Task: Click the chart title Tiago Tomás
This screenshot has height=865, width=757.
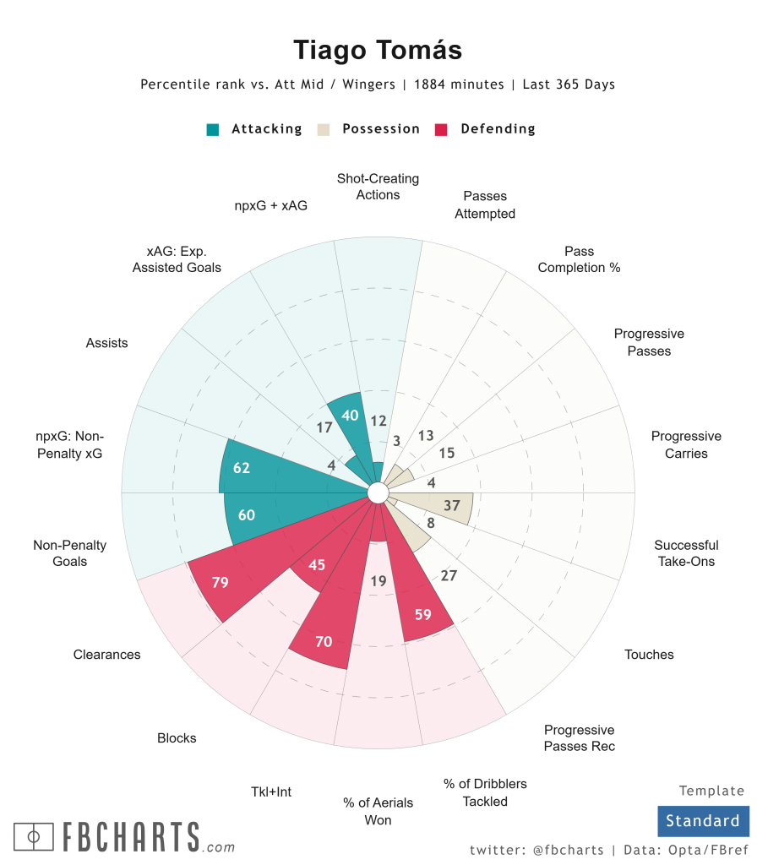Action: (378, 50)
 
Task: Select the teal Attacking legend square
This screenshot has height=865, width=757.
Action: (213, 129)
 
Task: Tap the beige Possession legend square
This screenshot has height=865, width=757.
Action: (323, 129)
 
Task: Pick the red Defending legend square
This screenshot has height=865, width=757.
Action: (441, 129)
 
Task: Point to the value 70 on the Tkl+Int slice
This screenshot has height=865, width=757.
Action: (324, 641)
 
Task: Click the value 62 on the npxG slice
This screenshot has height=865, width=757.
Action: (242, 467)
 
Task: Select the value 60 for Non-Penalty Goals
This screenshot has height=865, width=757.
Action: (247, 515)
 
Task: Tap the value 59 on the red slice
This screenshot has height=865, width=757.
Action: (423, 614)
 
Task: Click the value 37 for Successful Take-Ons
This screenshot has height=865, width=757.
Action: (452, 505)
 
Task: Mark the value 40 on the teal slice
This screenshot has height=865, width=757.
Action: (349, 415)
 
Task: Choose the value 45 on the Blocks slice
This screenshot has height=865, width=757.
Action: (317, 564)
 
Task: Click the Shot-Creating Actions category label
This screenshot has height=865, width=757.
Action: (378, 187)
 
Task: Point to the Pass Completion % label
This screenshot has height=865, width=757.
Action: (580, 259)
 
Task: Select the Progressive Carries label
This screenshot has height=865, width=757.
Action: (686, 444)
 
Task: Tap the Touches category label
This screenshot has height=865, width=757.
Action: (649, 654)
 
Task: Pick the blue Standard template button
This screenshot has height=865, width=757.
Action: (702, 820)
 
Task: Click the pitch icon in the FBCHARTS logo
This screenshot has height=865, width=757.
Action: (35, 836)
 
